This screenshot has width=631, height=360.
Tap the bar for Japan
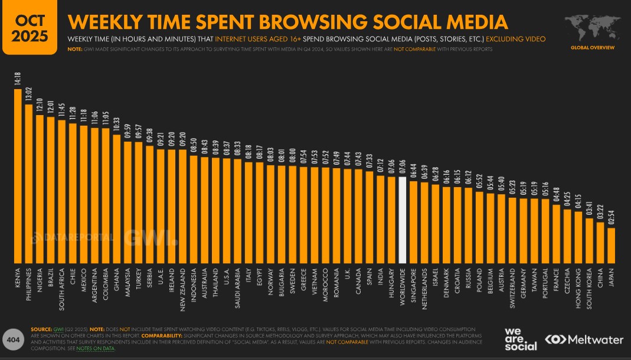point(611,245)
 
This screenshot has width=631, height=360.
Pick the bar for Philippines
point(29,184)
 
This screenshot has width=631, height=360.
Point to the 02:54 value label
point(611,218)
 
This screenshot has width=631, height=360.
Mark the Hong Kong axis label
point(578,286)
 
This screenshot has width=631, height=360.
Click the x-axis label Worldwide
point(403,289)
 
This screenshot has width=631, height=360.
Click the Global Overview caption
point(592,47)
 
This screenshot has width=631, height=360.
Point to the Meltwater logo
point(584,339)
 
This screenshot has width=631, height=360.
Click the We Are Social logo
point(521,338)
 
